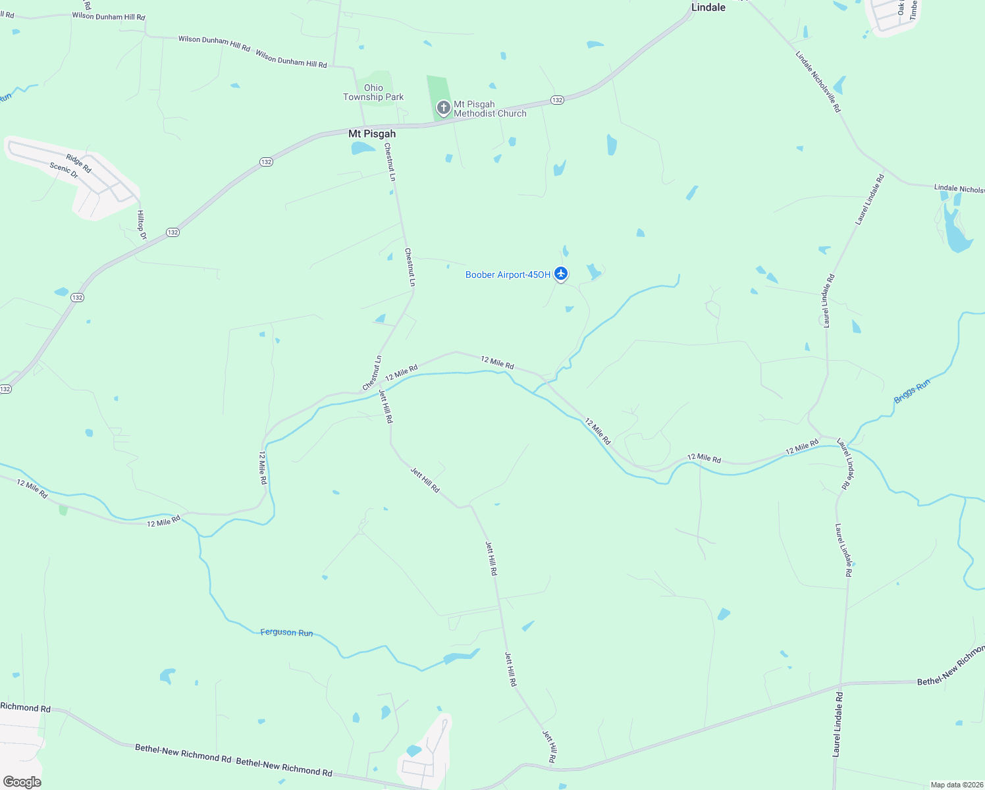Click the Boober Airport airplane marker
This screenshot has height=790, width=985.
pos(560,273)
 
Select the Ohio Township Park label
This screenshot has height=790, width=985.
pos(373,92)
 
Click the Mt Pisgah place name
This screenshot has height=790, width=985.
pos(372,134)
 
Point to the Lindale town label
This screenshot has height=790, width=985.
pos(708,7)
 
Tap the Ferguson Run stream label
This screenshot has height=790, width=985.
pos(286,632)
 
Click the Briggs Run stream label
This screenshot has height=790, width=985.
pos(912,392)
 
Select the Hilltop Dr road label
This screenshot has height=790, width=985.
pos(141,224)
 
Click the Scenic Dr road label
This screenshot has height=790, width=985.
pos(64,171)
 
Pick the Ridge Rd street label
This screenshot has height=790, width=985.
pos(78,163)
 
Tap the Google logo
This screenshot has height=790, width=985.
pos(22,781)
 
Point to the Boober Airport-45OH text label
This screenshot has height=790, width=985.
pos(508,275)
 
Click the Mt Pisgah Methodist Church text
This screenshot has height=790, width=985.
pos(490,109)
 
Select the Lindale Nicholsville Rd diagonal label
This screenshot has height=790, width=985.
pos(818,82)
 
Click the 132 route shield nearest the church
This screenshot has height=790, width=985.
pos(557,100)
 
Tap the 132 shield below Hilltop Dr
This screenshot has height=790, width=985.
pos(173,232)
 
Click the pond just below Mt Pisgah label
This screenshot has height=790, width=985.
pos(361,148)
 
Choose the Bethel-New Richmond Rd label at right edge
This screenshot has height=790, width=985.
pos(950,668)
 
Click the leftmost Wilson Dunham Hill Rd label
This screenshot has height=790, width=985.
pos(109,16)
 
